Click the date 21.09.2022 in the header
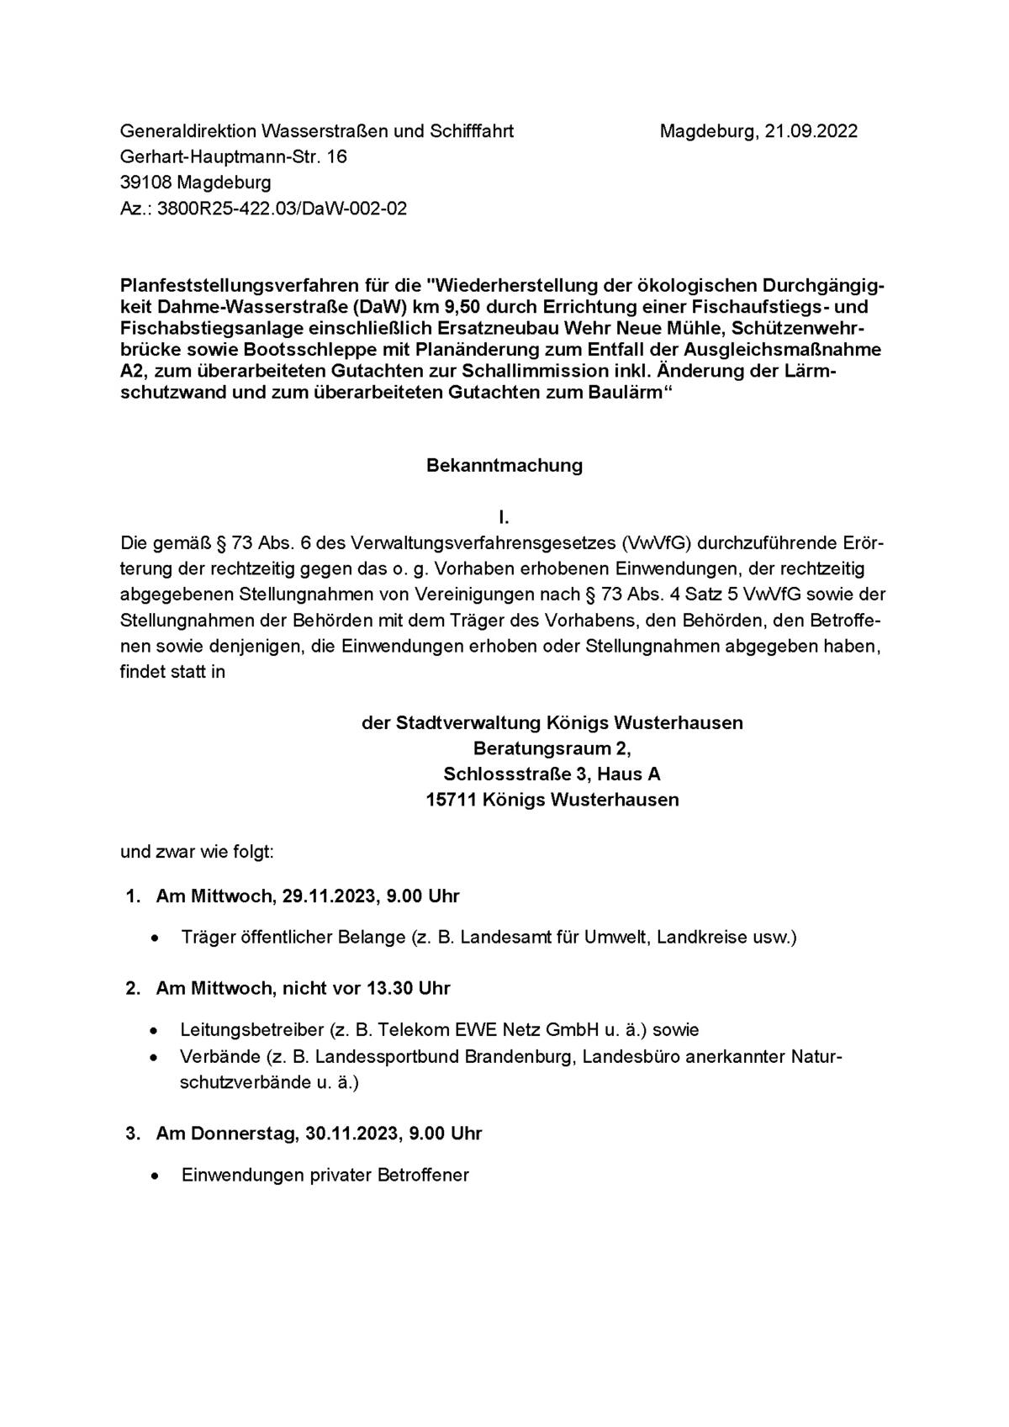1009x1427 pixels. point(811,131)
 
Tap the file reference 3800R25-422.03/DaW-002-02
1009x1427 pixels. point(282,208)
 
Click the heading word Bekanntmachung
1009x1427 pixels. point(504,465)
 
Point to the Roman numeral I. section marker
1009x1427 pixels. point(504,517)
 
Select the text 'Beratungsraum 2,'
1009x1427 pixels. point(552,748)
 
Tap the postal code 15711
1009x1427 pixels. point(452,800)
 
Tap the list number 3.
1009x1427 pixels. point(131,1134)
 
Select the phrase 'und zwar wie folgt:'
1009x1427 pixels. point(197,852)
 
